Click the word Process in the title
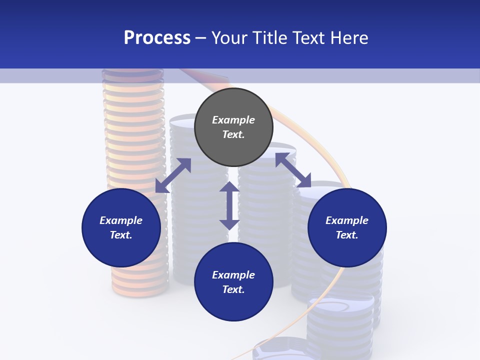[157, 38]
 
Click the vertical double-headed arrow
[229, 205]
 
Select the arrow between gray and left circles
[173, 175]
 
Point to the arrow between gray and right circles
[293, 170]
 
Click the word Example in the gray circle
[233, 120]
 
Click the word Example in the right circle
[347, 220]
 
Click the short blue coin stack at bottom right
[340, 320]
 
